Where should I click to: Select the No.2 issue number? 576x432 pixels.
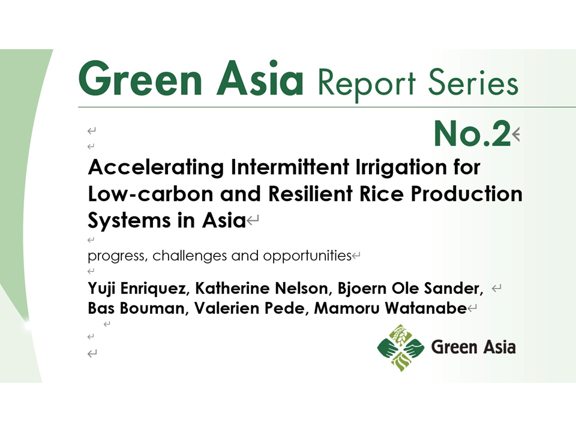point(472,133)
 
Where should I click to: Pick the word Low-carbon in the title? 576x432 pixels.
point(151,194)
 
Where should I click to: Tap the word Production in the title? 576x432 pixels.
point(466,194)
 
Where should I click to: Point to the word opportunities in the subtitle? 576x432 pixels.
point(307,256)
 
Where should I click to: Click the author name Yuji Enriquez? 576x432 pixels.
point(137,289)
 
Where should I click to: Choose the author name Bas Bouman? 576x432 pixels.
point(136,308)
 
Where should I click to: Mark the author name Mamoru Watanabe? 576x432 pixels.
point(390,308)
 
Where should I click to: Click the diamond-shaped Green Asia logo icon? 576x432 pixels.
point(401,348)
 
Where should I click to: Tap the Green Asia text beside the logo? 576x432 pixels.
point(473,347)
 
